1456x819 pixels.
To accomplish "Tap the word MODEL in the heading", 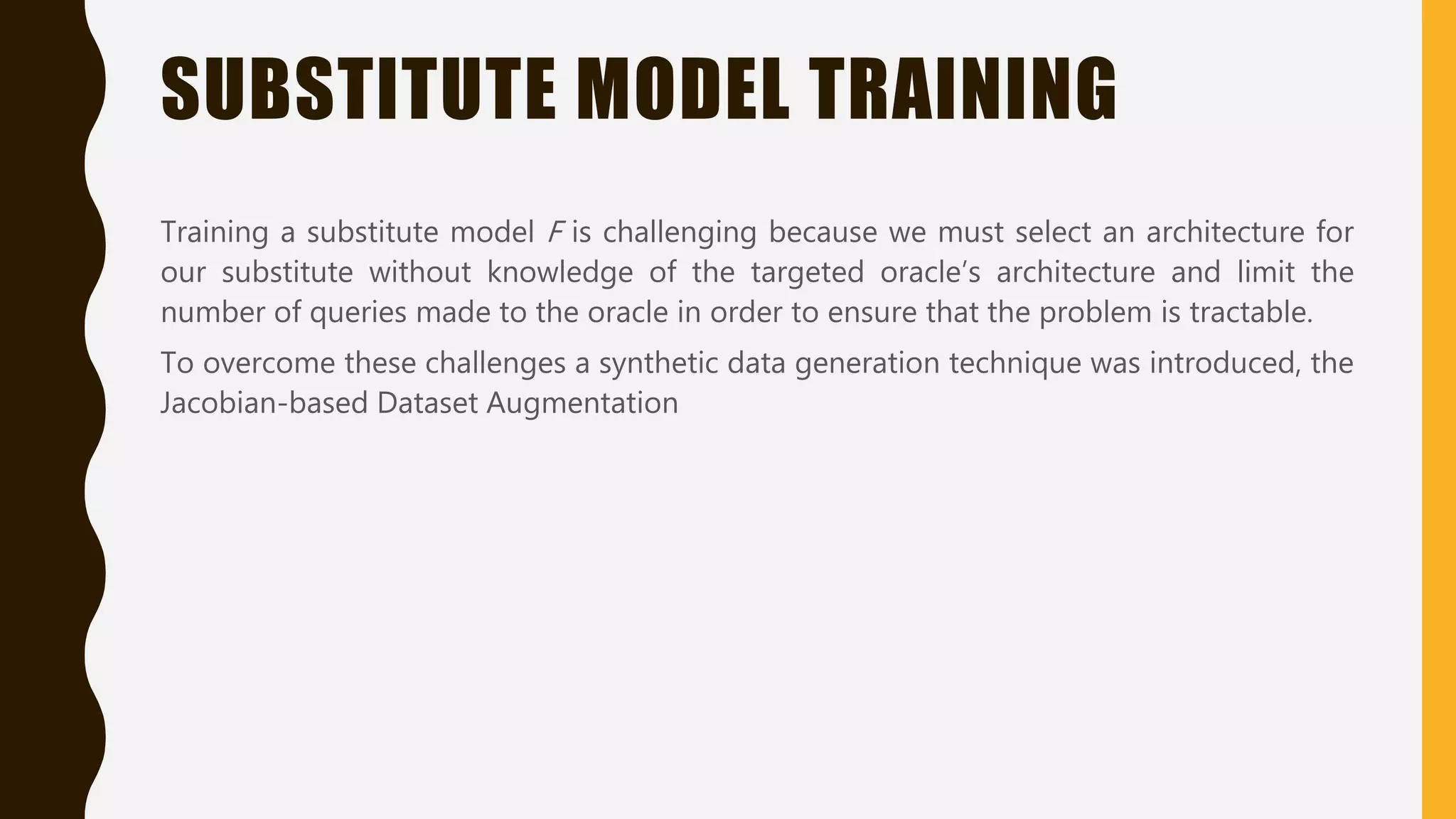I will [x=683, y=89].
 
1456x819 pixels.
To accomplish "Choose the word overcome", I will [x=269, y=363].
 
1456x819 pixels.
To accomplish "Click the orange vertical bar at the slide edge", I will [x=1438, y=409].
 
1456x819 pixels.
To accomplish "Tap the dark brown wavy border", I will [x=43, y=409].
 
